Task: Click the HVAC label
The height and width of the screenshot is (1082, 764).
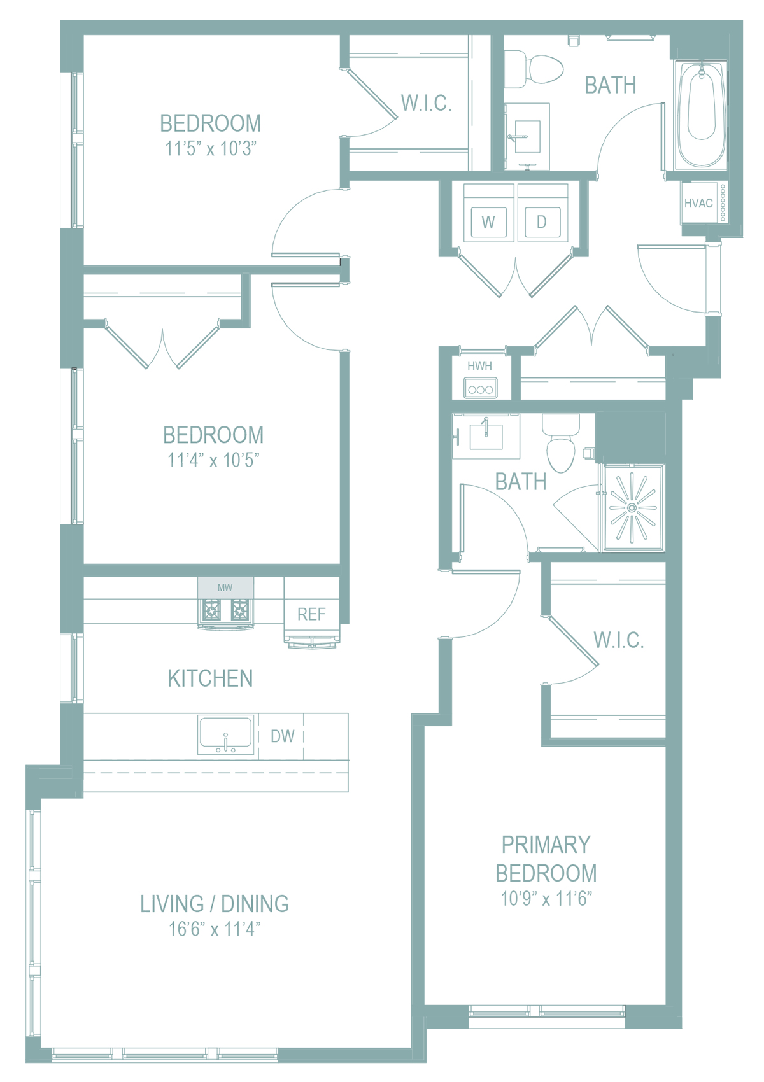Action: [x=698, y=204]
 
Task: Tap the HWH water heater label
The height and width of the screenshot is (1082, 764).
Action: [x=479, y=366]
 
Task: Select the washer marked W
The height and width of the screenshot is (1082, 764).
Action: [x=488, y=222]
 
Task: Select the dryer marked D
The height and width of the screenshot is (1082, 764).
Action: [x=542, y=222]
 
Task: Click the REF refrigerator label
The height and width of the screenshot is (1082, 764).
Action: [x=311, y=614]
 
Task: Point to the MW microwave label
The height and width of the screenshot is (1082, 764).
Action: [x=225, y=587]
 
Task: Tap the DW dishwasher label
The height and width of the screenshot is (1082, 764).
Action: [x=282, y=736]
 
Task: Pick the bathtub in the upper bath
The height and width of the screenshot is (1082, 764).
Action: [x=702, y=115]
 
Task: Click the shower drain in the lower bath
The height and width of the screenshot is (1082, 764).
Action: [x=632, y=508]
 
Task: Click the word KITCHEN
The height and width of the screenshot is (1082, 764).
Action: [x=210, y=678]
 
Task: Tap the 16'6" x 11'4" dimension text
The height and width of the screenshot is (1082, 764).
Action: [x=215, y=929]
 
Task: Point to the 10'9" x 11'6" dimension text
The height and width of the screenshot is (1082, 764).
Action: [x=546, y=899]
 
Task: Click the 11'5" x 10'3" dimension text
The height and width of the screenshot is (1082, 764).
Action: [x=211, y=148]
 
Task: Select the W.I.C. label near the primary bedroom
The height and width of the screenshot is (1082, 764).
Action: [x=619, y=640]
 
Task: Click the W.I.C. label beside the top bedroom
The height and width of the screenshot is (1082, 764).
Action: [x=426, y=103]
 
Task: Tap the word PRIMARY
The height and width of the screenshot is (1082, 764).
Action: [x=546, y=845]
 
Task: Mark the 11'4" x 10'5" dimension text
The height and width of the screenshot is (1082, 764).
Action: [x=213, y=460]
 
